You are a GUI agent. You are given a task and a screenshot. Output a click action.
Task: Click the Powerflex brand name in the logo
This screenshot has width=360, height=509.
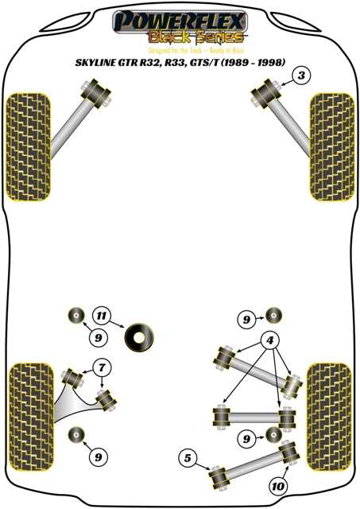[179, 19]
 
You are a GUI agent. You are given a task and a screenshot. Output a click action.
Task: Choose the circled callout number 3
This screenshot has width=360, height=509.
[300, 76]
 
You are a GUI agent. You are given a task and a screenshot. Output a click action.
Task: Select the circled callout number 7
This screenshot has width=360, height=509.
[101, 367]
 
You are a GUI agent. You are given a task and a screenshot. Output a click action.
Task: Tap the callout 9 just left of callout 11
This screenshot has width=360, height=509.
[76, 337]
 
